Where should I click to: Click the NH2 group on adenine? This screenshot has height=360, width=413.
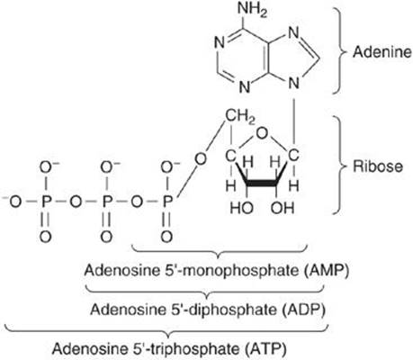(252, 10)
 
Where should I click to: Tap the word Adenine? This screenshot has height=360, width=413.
(382, 52)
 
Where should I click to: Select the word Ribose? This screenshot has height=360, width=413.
(378, 166)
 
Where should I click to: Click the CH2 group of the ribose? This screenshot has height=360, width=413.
(240, 117)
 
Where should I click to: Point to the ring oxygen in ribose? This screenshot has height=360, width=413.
(262, 133)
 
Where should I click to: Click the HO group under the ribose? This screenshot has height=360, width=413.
(242, 208)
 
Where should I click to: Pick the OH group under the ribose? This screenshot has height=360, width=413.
(283, 208)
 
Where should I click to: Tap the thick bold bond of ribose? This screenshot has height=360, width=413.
(262, 182)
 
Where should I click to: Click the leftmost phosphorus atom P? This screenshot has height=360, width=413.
(45, 202)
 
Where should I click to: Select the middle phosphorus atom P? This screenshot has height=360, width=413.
(106, 202)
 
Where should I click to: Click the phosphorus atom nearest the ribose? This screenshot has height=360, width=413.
(167, 202)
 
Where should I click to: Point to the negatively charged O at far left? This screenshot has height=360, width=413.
(13, 202)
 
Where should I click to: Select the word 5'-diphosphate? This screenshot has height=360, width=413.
(223, 310)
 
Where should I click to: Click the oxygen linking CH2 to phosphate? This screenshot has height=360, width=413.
(201, 159)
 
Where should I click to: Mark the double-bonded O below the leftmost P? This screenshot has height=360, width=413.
(45, 237)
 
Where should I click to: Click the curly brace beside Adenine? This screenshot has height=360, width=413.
(338, 51)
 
